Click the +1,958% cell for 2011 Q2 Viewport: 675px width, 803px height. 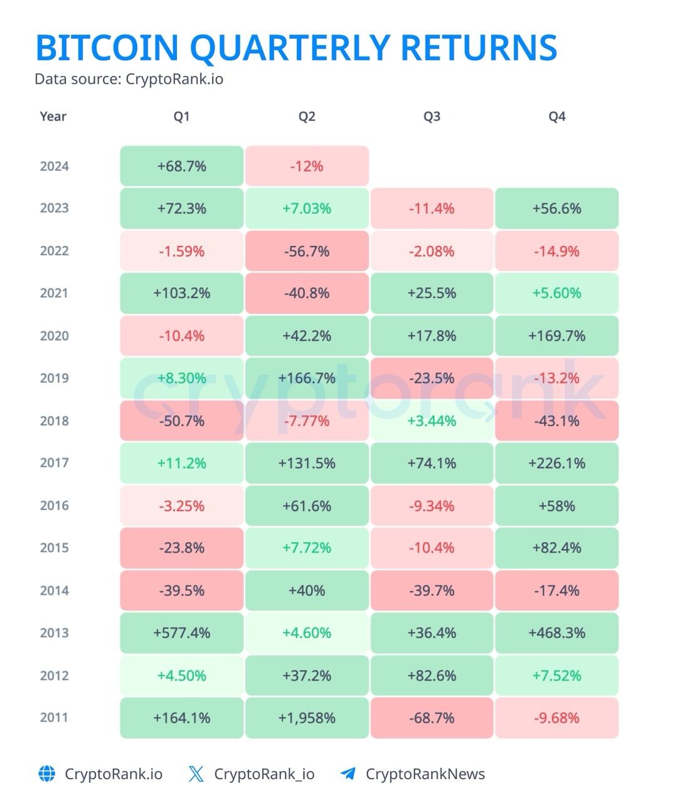pyautogui.click(x=307, y=718)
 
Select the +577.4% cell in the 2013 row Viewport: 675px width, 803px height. pyautogui.click(x=182, y=633)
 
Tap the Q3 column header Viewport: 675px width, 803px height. pyautogui.click(x=432, y=117)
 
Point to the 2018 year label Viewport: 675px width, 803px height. pyautogui.click(x=55, y=420)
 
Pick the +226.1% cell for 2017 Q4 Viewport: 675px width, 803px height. pyautogui.click(x=557, y=463)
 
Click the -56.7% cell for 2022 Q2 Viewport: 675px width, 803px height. pyautogui.click(x=307, y=251)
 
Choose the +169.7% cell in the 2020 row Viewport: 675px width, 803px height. pyautogui.click(x=557, y=336)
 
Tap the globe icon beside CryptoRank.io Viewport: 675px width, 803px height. pyautogui.click(x=47, y=774)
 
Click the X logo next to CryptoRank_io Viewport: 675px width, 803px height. pyautogui.click(x=196, y=774)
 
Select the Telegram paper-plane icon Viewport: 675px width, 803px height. pyautogui.click(x=348, y=774)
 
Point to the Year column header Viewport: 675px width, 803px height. pyautogui.click(x=53, y=117)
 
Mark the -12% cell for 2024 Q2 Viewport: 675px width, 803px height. pyautogui.click(x=307, y=166)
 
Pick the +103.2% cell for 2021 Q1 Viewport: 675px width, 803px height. pyautogui.click(x=182, y=293)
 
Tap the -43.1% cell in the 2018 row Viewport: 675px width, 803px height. pyautogui.click(x=557, y=420)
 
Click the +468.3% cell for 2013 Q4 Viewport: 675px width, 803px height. pyautogui.click(x=557, y=633)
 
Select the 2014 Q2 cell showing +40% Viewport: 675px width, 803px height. pyautogui.click(x=307, y=590)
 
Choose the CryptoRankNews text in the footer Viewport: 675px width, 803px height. pyautogui.click(x=425, y=774)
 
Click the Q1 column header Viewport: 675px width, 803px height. pyautogui.click(x=182, y=117)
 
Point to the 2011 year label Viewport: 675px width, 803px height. pyautogui.click(x=55, y=718)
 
